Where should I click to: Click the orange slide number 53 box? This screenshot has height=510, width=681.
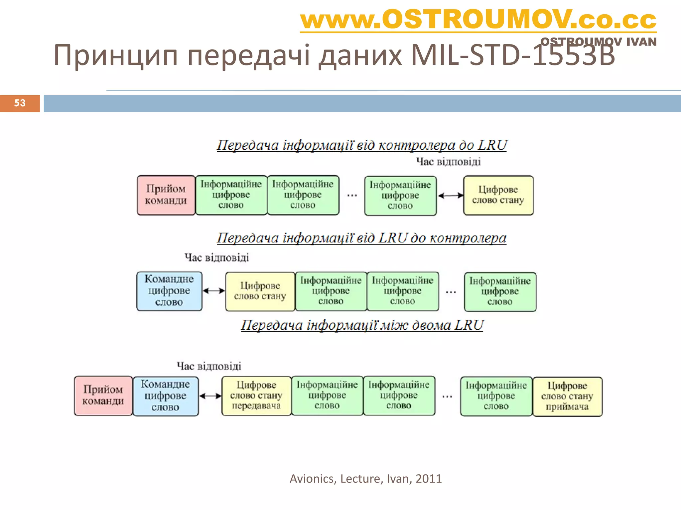pyautogui.click(x=20, y=103)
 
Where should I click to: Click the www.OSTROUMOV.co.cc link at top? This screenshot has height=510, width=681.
pyautogui.click(x=478, y=20)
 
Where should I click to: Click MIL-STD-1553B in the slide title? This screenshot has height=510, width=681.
pyautogui.click(x=512, y=55)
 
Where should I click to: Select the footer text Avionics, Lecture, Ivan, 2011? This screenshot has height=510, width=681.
pyautogui.click(x=365, y=478)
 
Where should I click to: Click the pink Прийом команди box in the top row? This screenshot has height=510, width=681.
pyautogui.click(x=166, y=195)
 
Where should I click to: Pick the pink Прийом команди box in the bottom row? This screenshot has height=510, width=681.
pyautogui.click(x=103, y=395)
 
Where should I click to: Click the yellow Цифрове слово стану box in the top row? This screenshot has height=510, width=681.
pyautogui.click(x=498, y=195)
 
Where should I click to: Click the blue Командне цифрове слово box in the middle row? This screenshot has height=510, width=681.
pyautogui.click(x=169, y=291)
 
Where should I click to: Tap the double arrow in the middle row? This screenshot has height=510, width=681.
pyautogui.click(x=213, y=291)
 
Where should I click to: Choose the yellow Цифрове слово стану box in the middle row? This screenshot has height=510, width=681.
pyautogui.click(x=260, y=291)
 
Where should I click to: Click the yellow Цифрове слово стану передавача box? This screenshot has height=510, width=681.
pyautogui.click(x=256, y=395)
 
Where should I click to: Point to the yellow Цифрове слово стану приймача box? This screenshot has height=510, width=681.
pyautogui.click(x=567, y=396)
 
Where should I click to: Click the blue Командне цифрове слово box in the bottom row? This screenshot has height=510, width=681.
pyautogui.click(x=165, y=396)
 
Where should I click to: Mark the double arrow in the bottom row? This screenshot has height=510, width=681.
pyautogui.click(x=210, y=396)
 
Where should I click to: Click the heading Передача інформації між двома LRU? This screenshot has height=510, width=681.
pyautogui.click(x=362, y=325)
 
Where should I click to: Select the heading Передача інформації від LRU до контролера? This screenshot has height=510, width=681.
pyautogui.click(x=361, y=238)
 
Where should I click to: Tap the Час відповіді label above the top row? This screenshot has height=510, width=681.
pyautogui.click(x=448, y=162)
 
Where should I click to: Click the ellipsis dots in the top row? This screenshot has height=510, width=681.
pyautogui.click(x=352, y=196)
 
